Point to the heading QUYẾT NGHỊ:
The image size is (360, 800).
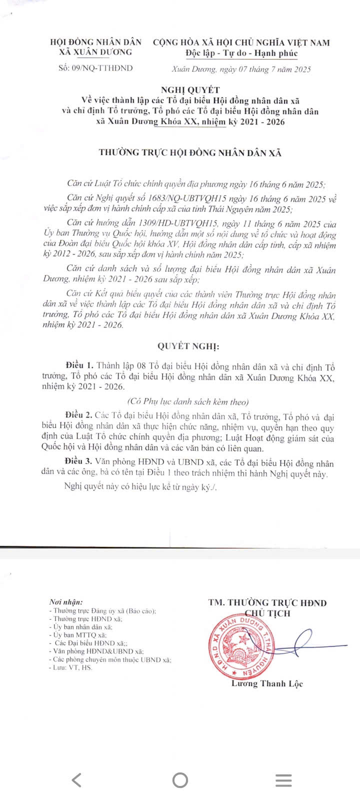[188, 346]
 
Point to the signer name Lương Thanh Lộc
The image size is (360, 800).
[267, 683]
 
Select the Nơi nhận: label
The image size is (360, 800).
[66, 602]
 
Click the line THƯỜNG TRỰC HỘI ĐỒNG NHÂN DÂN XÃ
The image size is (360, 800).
[190, 153]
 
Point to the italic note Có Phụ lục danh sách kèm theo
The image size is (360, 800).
[187, 401]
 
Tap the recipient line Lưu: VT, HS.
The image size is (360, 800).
[72, 667]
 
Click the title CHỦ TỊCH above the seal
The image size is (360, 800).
[267, 613]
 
